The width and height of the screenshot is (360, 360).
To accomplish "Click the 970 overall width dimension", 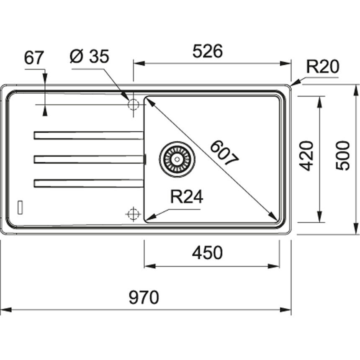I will click(144, 298).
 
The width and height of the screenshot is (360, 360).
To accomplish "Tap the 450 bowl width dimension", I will click(207, 253).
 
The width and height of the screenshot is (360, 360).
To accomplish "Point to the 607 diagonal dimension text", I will click(224, 153).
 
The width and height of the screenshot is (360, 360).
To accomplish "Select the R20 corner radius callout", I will click(322, 67).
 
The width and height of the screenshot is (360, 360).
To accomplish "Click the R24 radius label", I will click(186, 197).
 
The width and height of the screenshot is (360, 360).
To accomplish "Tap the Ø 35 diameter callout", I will click(89, 57).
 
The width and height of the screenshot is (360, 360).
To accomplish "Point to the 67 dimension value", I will click(34, 58).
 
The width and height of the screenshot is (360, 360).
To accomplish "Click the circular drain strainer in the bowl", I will click(177, 159).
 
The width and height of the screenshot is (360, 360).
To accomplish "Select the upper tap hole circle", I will click(133, 104).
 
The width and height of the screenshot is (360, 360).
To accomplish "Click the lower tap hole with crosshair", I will click(133, 214).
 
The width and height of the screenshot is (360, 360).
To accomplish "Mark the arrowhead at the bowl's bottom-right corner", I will click(274, 217).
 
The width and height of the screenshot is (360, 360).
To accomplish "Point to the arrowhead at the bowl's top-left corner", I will click(148, 100).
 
